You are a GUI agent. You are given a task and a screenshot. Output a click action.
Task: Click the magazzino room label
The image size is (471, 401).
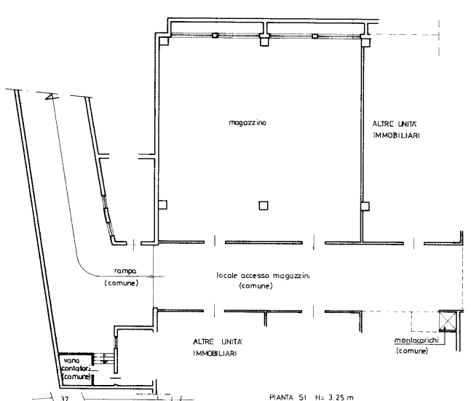coord(248,122)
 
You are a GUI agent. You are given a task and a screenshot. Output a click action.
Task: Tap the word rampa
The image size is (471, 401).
coord(125,271)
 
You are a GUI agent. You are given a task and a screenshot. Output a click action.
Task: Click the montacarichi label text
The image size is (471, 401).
coord(416,341)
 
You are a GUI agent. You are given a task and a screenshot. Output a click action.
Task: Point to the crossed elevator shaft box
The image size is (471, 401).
coord(447,321)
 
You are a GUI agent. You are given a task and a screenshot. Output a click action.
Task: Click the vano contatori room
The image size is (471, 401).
coord(76,369)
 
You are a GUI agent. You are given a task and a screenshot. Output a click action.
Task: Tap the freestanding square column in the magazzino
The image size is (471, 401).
coord(264,205)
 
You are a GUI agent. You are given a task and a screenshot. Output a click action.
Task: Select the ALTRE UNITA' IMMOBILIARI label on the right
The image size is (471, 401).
coord(396,130)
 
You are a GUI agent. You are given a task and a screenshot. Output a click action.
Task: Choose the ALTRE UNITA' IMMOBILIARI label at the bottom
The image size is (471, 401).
coord(218,347)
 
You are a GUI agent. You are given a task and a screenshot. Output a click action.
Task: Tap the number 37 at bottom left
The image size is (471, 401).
coord(65,399)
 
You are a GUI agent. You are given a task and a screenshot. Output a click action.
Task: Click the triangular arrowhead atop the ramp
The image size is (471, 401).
coord(52,97)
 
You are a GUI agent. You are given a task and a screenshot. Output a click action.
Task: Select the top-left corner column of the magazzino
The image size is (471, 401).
coord(164,41)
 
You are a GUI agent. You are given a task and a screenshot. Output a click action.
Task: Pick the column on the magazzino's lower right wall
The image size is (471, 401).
coord(365,207)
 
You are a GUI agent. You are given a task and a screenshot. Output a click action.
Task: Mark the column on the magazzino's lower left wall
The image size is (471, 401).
coord(162,205)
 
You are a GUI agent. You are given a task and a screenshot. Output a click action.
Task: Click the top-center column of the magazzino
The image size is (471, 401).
coord(264,40)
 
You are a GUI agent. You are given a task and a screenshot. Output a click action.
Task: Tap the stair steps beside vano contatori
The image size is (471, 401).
coord(103,358)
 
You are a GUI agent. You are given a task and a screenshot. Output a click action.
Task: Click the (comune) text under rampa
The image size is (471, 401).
coord(122,283)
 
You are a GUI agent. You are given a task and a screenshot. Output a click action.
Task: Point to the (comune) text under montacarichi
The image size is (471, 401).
coord(412,351)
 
